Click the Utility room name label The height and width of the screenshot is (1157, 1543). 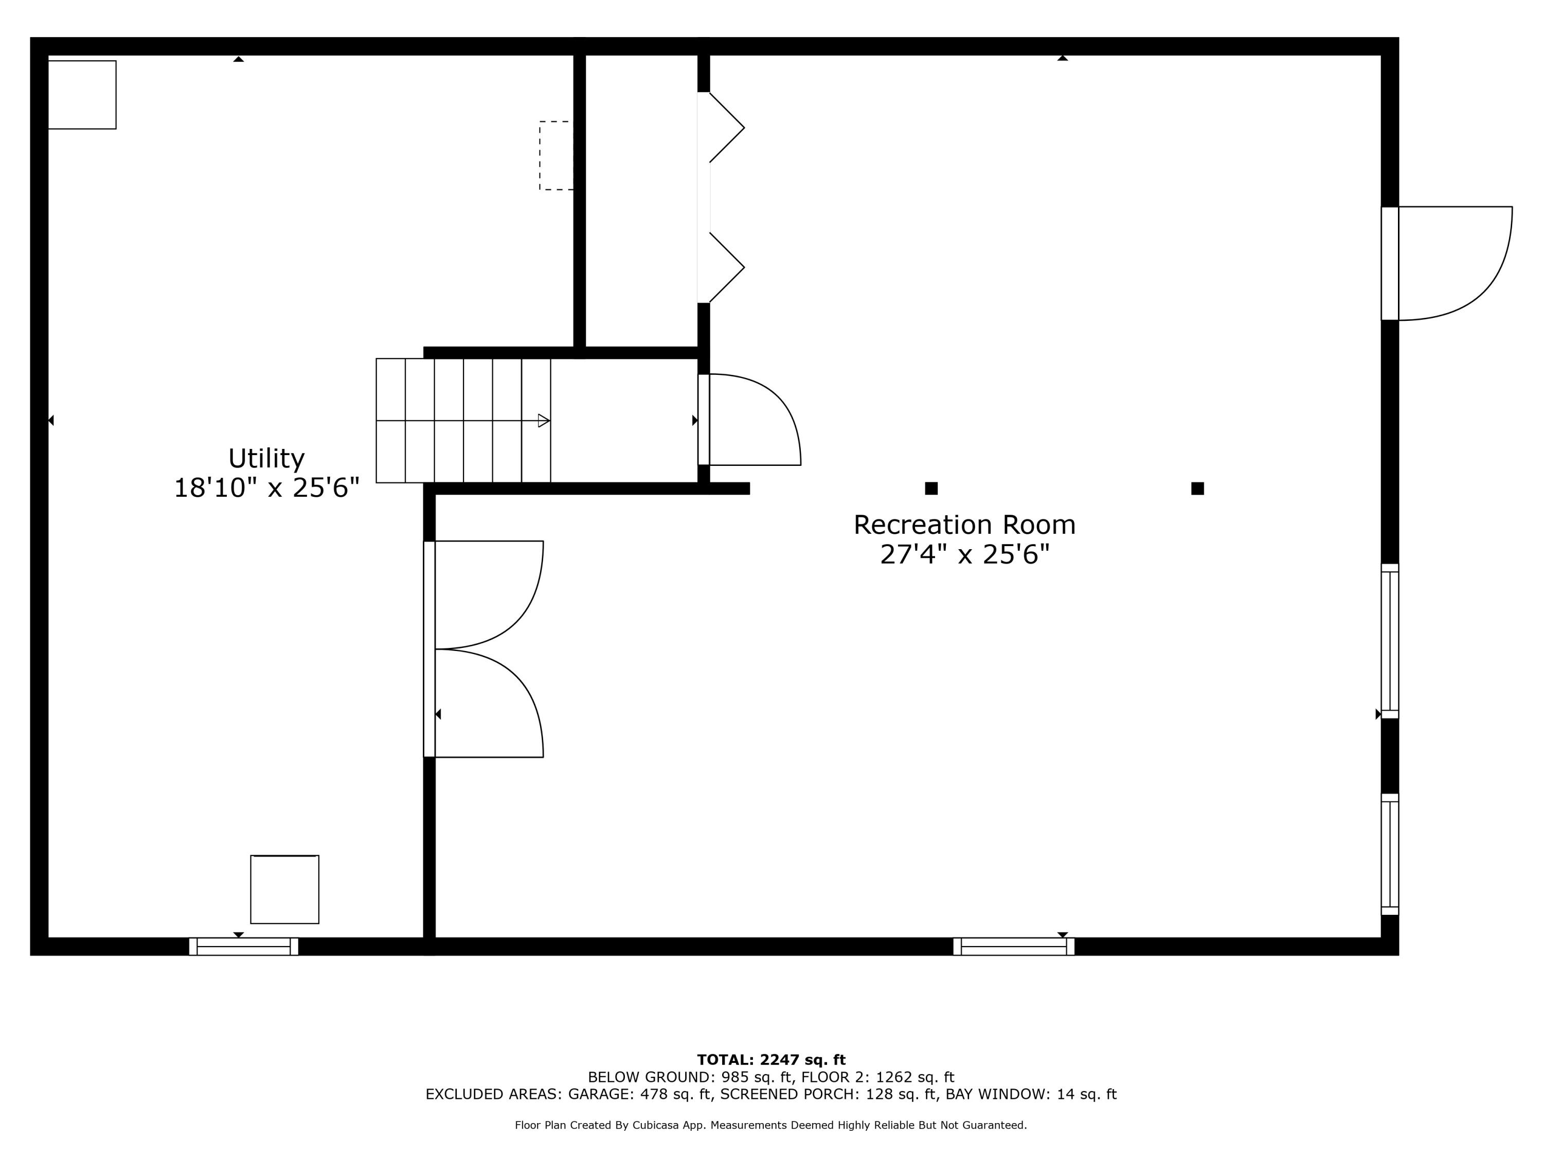click(266, 459)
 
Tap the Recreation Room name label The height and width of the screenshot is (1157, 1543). click(964, 525)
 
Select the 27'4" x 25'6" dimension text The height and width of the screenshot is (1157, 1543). click(964, 554)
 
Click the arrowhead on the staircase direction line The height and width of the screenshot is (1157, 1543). click(544, 421)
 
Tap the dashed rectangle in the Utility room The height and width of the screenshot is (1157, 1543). click(556, 155)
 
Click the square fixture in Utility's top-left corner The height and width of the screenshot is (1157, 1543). click(82, 95)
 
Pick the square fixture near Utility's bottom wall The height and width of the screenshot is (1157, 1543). click(284, 889)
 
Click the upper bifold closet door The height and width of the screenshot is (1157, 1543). click(725, 128)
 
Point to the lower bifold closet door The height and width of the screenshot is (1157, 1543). click(725, 267)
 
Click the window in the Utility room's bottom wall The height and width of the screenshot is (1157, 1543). click(243, 946)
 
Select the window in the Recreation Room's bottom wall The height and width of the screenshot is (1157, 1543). click(1014, 946)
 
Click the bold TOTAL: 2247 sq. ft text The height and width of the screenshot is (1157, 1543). click(771, 1060)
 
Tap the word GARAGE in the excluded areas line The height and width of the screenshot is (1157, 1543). click(599, 1094)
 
